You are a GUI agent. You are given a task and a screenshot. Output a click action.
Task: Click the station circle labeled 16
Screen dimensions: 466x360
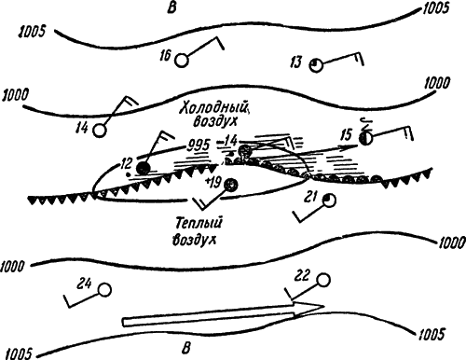click(x=182, y=61)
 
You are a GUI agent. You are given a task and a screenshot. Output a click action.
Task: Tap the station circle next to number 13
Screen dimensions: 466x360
click(x=316, y=65)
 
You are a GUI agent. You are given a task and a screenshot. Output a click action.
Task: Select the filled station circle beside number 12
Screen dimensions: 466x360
click(x=144, y=169)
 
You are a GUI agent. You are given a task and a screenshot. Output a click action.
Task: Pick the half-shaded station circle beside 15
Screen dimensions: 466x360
click(x=365, y=138)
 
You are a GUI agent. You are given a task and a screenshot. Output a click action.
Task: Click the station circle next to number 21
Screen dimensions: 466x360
click(x=329, y=201)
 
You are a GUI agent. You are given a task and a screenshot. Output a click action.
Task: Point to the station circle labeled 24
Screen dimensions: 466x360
click(x=104, y=290)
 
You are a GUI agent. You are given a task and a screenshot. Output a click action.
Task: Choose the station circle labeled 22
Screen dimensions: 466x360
click(x=323, y=280)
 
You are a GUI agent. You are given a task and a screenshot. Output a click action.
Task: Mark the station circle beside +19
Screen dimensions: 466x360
click(x=231, y=185)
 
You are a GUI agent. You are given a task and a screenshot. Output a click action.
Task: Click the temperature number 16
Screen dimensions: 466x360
click(x=166, y=56)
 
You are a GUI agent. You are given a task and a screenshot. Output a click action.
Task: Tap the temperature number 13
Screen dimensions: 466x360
click(x=295, y=62)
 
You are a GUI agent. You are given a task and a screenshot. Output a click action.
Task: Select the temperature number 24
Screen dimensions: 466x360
click(x=85, y=284)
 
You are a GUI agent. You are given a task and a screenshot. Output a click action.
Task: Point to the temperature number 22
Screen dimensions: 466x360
click(x=302, y=275)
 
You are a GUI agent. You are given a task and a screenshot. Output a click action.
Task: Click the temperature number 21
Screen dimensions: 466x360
click(x=310, y=197)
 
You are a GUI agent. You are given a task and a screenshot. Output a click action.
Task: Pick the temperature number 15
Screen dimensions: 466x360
click(x=346, y=135)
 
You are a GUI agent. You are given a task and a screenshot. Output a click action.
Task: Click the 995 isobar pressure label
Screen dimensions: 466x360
click(x=199, y=145)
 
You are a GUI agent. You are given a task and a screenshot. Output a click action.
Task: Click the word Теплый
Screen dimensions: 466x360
click(x=199, y=223)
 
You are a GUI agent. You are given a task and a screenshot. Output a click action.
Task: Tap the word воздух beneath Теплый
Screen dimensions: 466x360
click(x=194, y=240)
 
